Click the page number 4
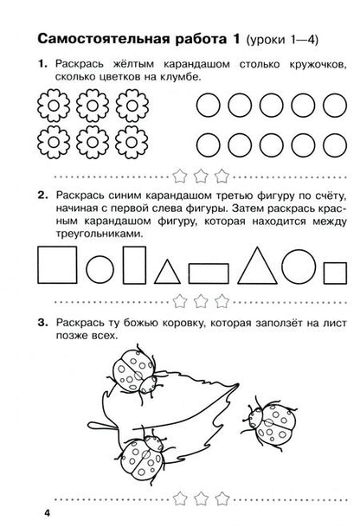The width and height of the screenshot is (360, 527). (x=27, y=517)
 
